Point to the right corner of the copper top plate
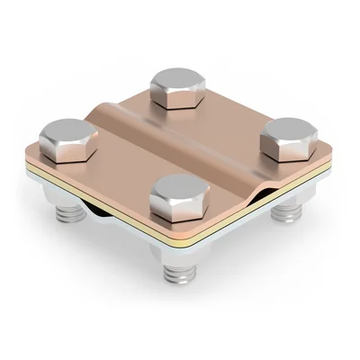point(329,155)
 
